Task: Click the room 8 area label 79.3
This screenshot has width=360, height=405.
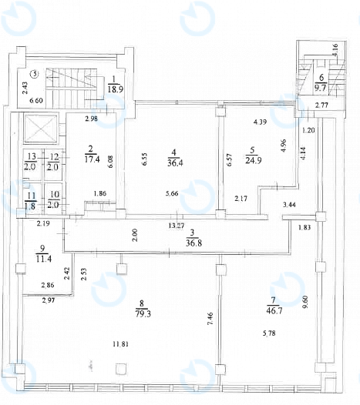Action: (x=143, y=314)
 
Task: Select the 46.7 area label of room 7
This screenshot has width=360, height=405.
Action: (x=274, y=310)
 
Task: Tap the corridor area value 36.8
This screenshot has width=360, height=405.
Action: (x=194, y=243)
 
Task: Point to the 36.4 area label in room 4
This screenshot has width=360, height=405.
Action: (x=175, y=163)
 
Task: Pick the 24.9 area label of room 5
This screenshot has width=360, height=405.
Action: (x=254, y=160)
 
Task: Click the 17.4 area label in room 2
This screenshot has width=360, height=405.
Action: (x=92, y=159)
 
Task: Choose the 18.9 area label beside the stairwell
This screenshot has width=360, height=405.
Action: (x=116, y=89)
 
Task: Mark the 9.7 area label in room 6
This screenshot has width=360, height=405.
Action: (x=320, y=87)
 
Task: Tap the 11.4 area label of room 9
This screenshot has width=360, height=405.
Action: (x=44, y=258)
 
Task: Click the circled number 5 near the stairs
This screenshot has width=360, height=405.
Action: (x=35, y=74)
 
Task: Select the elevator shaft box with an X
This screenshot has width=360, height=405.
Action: (x=40, y=129)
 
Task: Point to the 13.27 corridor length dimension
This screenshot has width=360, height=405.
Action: (x=177, y=226)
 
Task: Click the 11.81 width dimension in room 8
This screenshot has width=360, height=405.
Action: (x=121, y=344)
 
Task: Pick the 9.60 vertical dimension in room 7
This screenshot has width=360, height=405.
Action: (x=306, y=302)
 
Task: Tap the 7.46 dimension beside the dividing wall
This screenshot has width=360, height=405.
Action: (x=210, y=319)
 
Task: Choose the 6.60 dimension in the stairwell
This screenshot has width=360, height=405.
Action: (x=36, y=100)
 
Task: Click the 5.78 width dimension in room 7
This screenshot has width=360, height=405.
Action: (x=269, y=333)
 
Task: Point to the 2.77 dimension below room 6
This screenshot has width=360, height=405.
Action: (x=321, y=105)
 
